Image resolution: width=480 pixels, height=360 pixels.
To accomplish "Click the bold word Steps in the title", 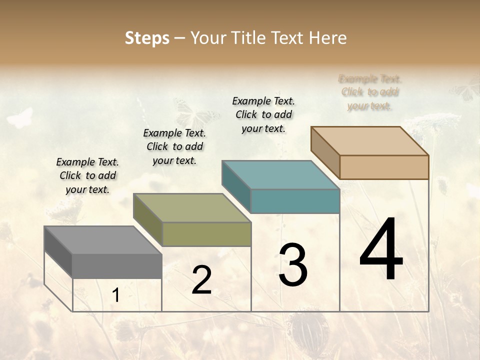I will tap(147, 38).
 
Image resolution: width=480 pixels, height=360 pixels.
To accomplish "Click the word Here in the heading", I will tap(328, 38).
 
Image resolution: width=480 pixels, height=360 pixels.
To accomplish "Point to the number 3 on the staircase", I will tap(292, 265).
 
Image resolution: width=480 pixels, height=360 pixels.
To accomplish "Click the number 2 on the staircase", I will tap(201, 280).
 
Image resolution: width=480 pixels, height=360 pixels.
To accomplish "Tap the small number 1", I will tap(116, 295).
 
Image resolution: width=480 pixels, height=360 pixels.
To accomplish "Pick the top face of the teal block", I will tap(280, 175).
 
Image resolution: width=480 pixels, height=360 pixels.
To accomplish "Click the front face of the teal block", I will tap(295, 201).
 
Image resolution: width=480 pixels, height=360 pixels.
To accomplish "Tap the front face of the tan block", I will tap(384, 167).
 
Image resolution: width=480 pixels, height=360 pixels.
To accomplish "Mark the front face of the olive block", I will tap(206, 234).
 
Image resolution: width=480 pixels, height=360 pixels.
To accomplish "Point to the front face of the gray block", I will tap(117, 265).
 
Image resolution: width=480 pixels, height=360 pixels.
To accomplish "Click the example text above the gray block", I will tap(87, 175).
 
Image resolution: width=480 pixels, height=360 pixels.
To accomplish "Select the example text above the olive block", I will tap(174, 146).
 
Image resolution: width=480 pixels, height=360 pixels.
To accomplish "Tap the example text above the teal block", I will tap(263, 114).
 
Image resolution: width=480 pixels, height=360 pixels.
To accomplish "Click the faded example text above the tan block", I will tap(370, 92).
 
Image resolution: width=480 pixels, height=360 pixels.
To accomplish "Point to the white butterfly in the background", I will tap(20, 118).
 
